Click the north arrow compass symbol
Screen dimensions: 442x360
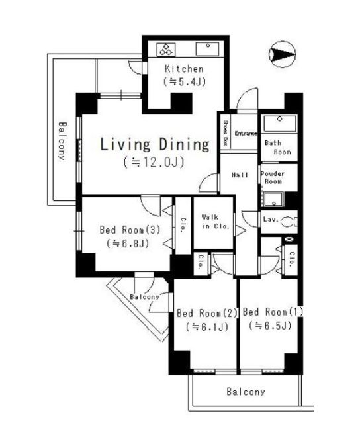(281, 53)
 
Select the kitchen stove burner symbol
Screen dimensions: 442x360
(165, 49)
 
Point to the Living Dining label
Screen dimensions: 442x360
(154, 144)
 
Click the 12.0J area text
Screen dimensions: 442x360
(153, 162)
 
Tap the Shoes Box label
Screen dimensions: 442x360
(225, 133)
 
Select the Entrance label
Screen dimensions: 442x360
(246, 133)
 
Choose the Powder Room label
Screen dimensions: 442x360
(273, 177)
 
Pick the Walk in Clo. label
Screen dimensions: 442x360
(212, 221)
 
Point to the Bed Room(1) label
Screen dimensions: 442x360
(268, 312)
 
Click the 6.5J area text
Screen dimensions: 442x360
(269, 326)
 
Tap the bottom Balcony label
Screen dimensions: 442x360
(246, 392)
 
